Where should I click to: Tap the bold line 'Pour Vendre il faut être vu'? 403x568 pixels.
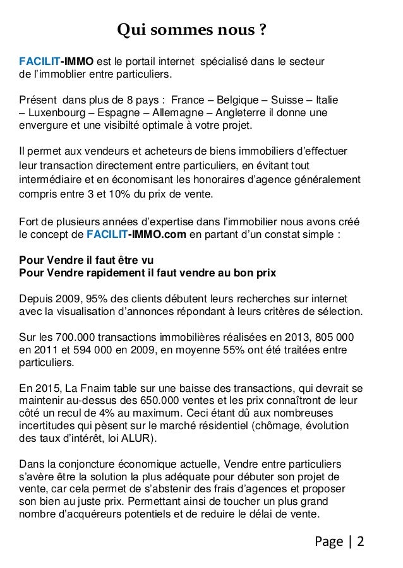[x=87, y=260]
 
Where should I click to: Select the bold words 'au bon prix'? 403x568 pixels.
[x=250, y=273]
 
